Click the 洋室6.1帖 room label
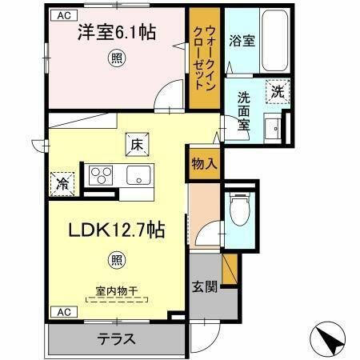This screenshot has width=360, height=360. point(117,33)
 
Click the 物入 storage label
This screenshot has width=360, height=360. point(204,163)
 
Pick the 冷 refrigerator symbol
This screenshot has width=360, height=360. point(62,183)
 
